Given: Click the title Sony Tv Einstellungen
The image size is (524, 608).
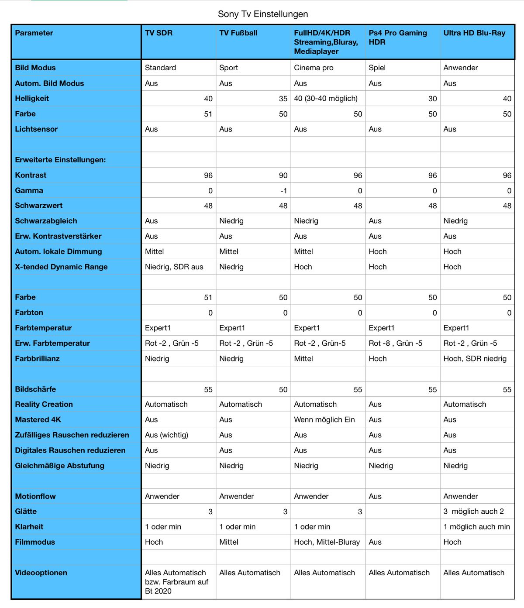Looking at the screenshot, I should pos(263,14).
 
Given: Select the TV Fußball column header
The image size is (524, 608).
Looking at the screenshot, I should pos(238,33).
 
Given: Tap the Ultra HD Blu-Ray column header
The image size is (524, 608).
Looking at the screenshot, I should pos(474,33).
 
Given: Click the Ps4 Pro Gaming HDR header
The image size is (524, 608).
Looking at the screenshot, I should pos(398,38).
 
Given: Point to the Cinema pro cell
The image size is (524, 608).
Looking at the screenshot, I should pos(314,68).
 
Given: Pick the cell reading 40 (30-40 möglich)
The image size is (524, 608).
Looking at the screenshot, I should pos(326,99).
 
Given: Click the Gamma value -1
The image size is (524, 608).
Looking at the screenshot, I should pos(284,191).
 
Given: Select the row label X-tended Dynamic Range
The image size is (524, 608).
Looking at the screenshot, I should pos(61,267).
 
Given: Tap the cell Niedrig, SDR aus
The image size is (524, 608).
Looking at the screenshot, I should pos(174,267).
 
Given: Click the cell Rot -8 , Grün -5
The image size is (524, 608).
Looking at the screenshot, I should pos(396,343).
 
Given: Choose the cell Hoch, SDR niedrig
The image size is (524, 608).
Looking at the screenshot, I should pos(475,358).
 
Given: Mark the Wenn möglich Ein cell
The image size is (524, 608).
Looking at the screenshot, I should pos(324,419).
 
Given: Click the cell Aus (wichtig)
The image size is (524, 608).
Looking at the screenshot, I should pos(167,435).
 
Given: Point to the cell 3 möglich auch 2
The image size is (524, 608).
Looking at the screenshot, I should pos(474,512).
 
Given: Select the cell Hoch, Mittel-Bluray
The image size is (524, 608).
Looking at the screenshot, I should pos(327,542).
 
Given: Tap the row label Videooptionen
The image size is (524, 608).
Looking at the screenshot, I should pos(41,573).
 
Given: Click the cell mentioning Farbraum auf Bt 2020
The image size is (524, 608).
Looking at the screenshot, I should pos(176,582).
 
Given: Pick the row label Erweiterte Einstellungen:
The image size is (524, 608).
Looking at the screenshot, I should pos(60,160).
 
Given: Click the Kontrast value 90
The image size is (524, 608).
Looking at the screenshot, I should pos(283,175).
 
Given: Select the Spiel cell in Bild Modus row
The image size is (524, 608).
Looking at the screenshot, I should pos(377,68).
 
